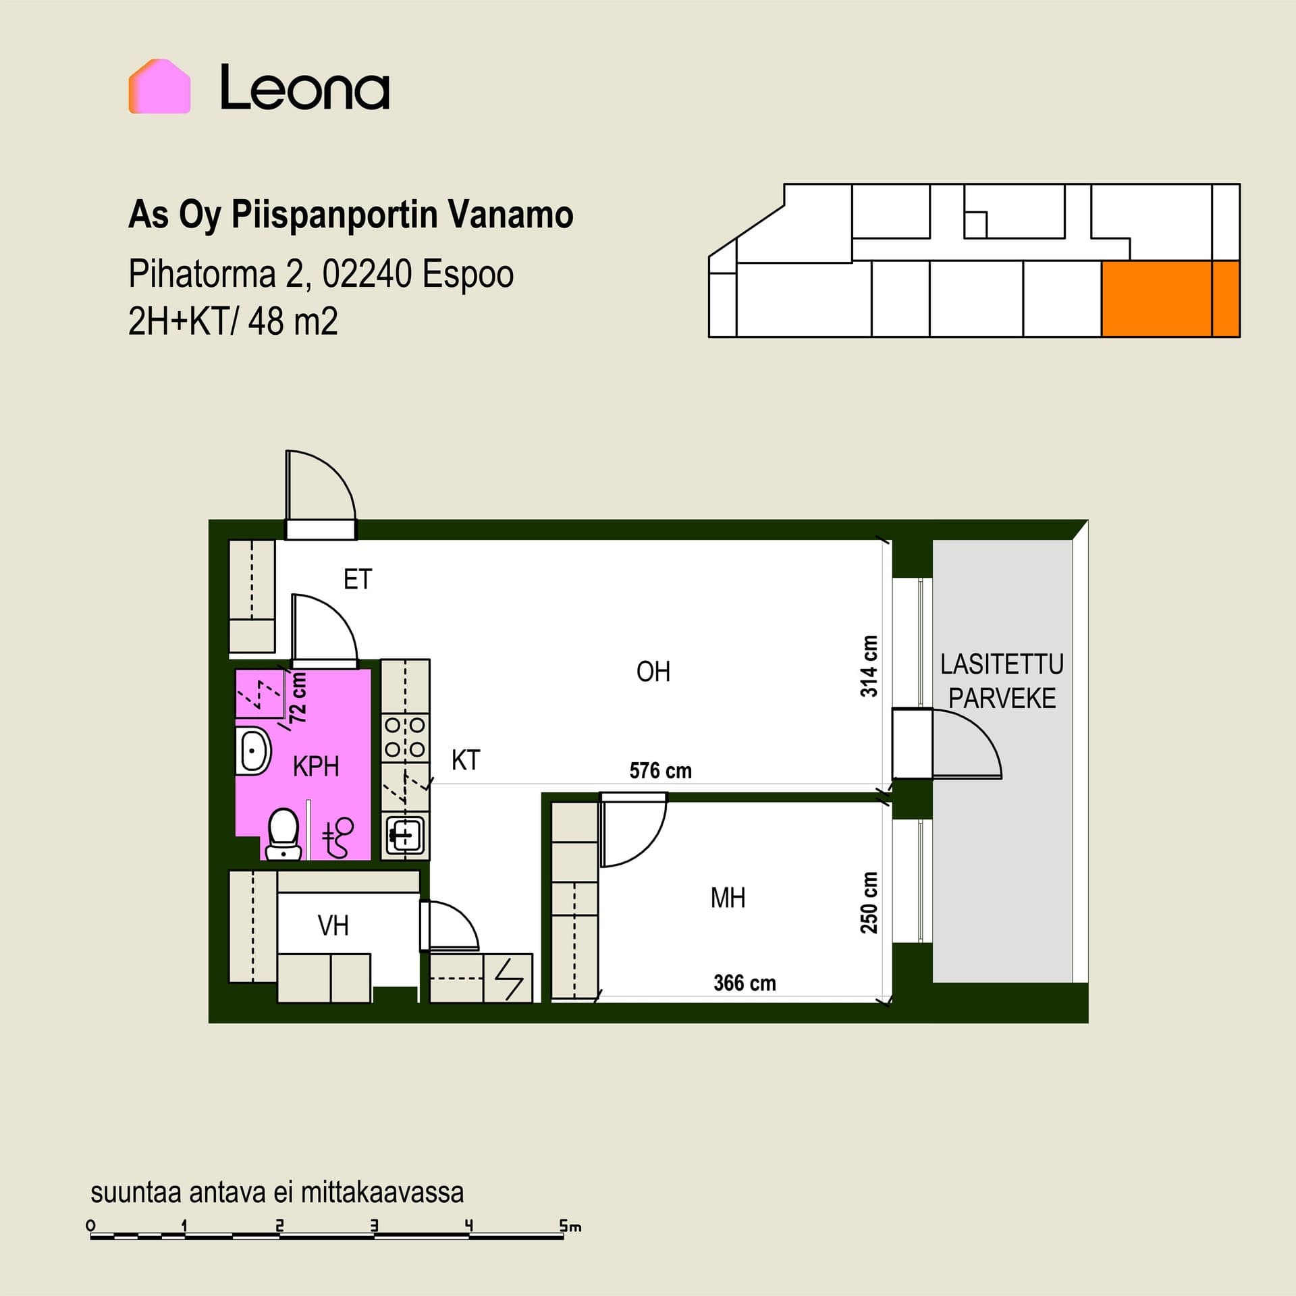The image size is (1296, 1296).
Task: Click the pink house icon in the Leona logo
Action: pos(159,86)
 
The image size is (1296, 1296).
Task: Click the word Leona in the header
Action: pos(305,87)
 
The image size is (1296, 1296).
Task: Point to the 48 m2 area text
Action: pos(293,321)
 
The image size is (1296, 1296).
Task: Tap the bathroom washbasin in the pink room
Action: pos(253,751)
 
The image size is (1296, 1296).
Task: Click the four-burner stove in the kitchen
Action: pos(405,738)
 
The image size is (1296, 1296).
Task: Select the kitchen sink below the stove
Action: pos(404,835)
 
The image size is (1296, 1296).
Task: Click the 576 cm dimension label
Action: pos(660,771)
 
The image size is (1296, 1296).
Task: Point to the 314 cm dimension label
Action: pos(869,666)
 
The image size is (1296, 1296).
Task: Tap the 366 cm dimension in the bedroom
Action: pos(745,983)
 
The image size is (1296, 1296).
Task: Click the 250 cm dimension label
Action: pos(869,902)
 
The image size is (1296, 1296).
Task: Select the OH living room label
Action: pos(653,672)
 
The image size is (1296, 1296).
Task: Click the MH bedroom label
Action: pos(728,898)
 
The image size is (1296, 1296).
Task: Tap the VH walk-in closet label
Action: pos(333,925)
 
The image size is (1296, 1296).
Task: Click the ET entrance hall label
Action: pos(358,579)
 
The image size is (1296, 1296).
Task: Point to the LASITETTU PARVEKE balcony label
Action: pos(1002,681)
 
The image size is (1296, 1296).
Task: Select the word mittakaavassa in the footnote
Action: pos(382,1193)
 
